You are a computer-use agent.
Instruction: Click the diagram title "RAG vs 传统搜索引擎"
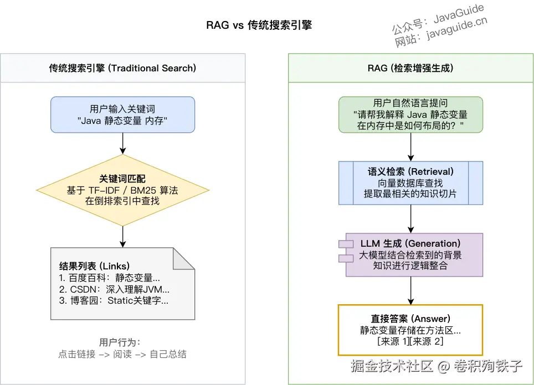[x=259, y=25]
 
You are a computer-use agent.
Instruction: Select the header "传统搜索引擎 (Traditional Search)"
[x=122, y=68]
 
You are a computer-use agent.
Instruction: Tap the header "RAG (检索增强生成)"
[x=410, y=68]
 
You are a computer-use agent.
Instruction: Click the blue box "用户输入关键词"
[x=122, y=115]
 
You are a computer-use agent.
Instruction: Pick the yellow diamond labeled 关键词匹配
[x=122, y=190]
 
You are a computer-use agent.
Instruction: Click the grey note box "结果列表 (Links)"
[x=122, y=283]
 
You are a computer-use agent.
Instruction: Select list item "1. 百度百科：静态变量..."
[x=109, y=278]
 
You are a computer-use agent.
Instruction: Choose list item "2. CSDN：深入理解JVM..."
[x=114, y=289]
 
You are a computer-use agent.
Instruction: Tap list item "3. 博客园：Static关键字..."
[x=114, y=301]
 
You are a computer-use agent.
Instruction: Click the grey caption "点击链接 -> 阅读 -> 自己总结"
[x=122, y=354]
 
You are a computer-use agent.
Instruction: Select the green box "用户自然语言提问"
[x=410, y=115]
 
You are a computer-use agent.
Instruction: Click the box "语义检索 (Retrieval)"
[x=410, y=183]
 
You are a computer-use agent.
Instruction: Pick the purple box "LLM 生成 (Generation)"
[x=410, y=254]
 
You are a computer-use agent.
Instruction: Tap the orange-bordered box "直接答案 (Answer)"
[x=410, y=330]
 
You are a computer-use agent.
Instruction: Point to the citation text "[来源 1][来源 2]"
[x=410, y=341]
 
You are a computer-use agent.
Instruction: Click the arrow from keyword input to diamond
[x=122, y=143]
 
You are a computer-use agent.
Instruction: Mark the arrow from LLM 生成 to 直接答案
[x=410, y=290]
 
